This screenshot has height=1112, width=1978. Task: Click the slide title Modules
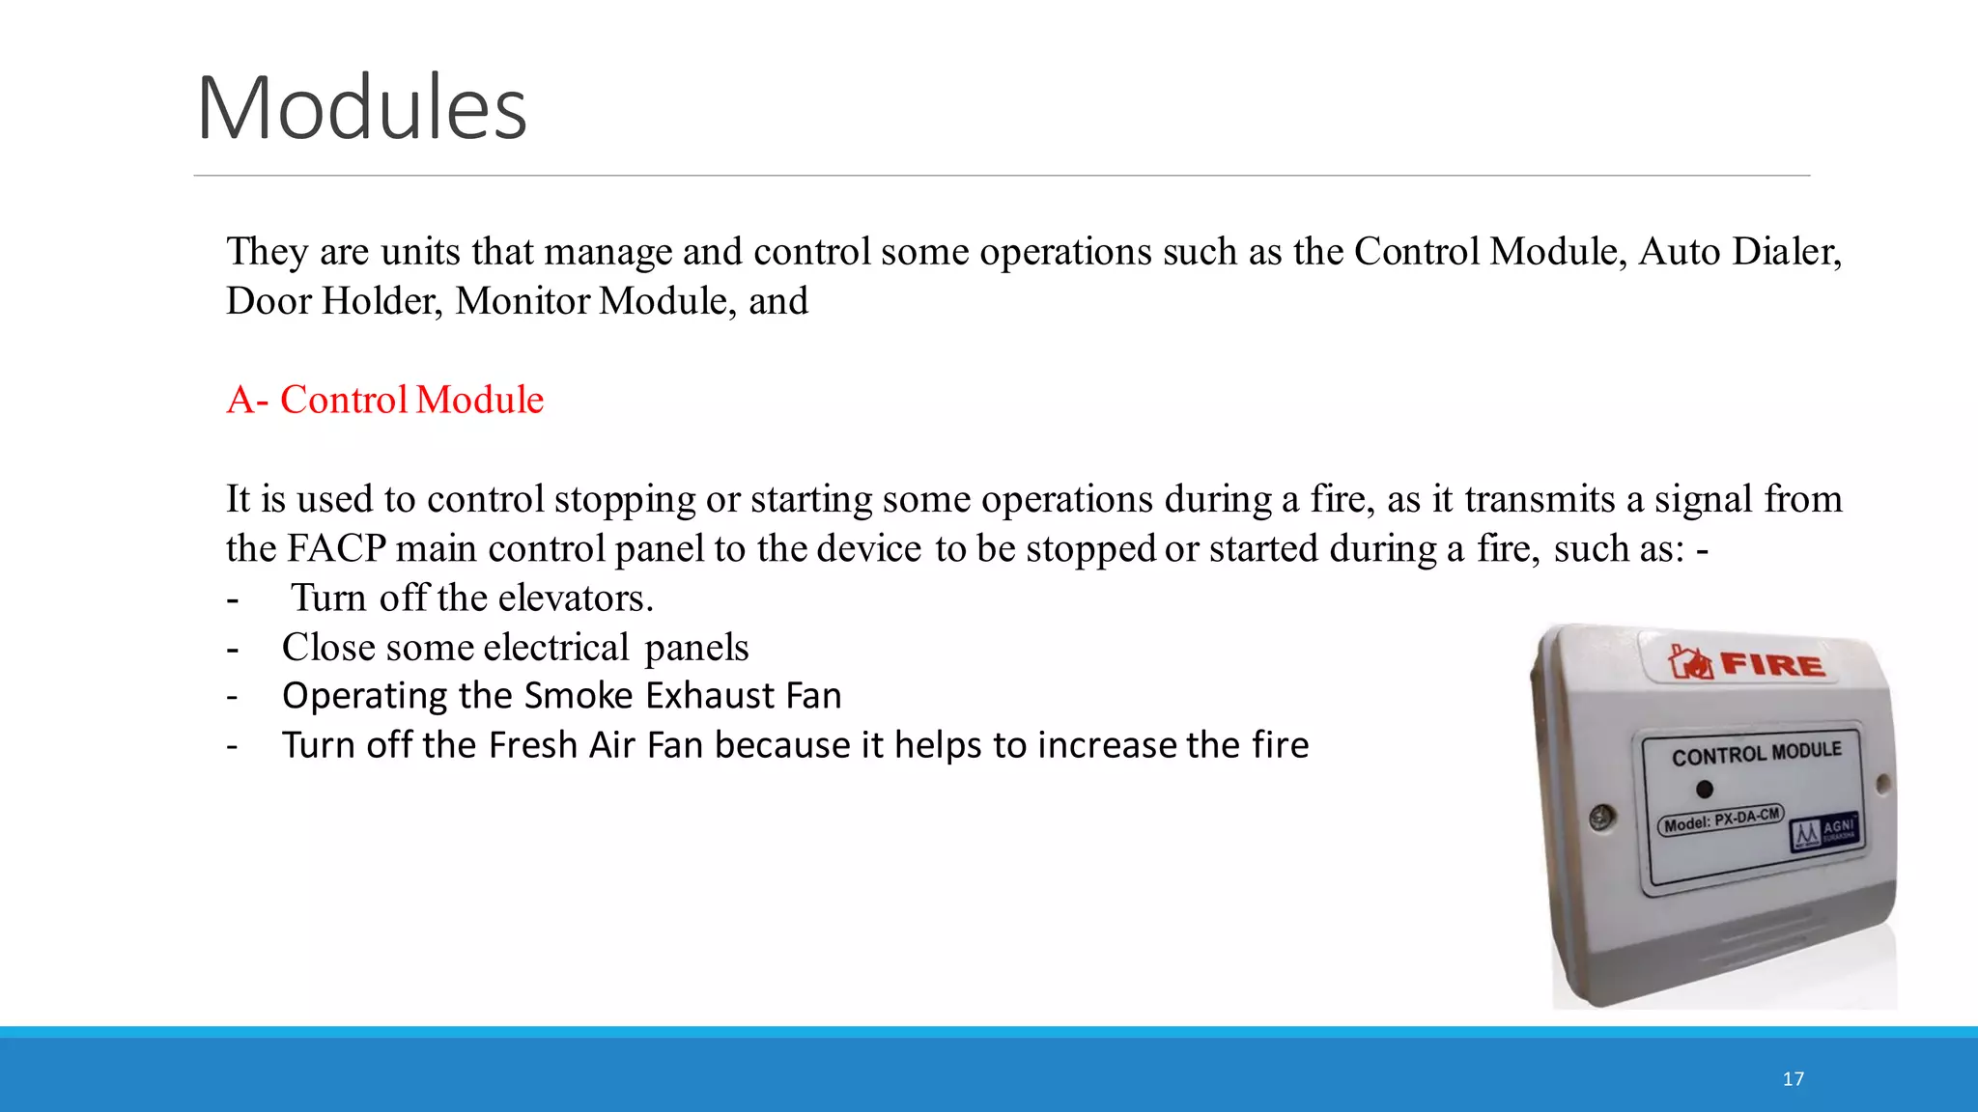pos(361,107)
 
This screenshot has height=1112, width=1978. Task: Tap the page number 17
pos(1793,1079)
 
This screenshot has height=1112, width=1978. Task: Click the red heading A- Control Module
pos(384,400)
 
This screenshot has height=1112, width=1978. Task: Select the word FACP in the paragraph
pos(336,548)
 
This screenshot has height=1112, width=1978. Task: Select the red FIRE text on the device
pos(1772,665)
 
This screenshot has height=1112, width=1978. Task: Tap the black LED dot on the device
pos(1705,790)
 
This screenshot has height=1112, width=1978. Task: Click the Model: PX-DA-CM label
pos(1721,820)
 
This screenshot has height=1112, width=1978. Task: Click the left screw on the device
pos(1601,818)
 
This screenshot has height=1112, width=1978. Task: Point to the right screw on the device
pos(1882,784)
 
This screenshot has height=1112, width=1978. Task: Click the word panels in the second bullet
pos(696,648)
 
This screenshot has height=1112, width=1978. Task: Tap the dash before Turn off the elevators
pos(232,599)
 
